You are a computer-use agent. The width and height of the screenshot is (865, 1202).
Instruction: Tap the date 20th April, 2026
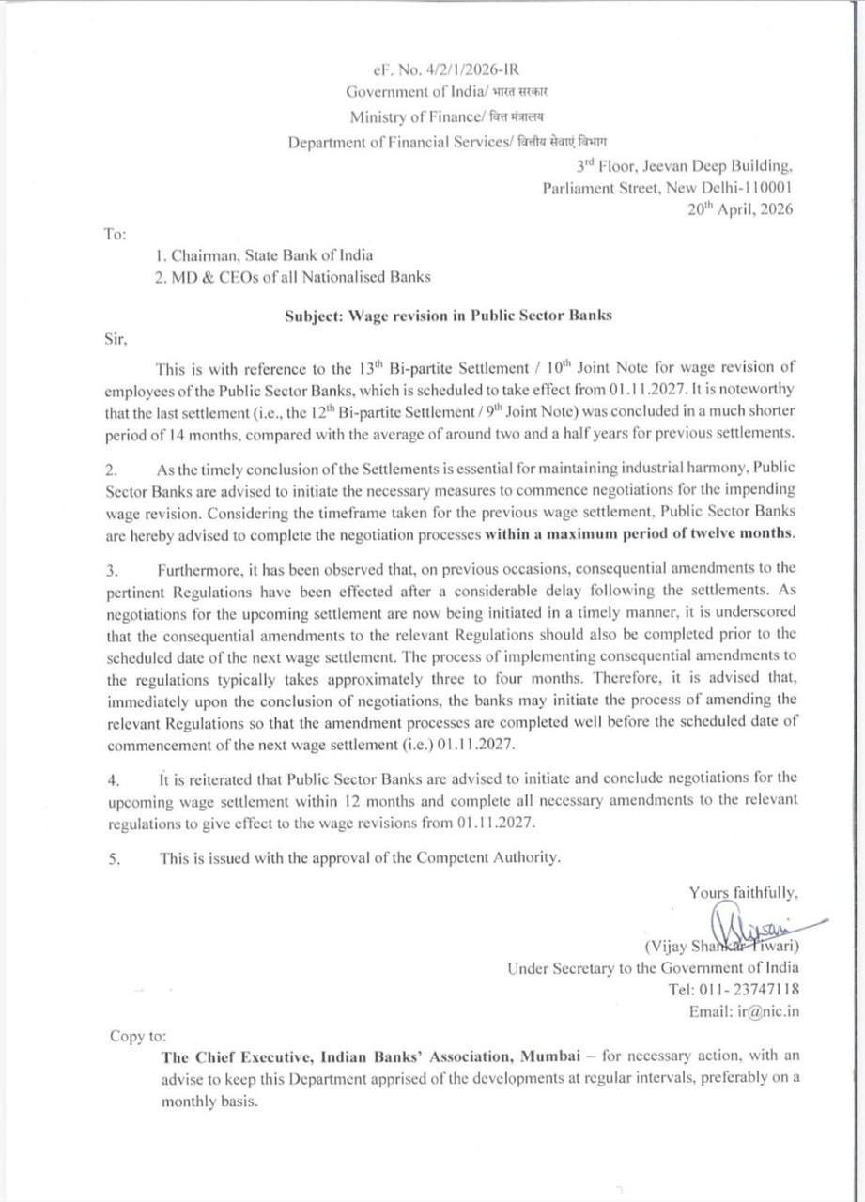tap(740, 209)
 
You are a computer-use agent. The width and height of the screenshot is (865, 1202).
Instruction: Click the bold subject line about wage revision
tap(448, 316)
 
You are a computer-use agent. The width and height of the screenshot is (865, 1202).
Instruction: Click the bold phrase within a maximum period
tap(639, 533)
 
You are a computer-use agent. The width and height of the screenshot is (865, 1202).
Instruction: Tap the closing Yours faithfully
tap(744, 892)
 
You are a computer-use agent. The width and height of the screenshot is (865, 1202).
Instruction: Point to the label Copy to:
tap(137, 1036)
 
